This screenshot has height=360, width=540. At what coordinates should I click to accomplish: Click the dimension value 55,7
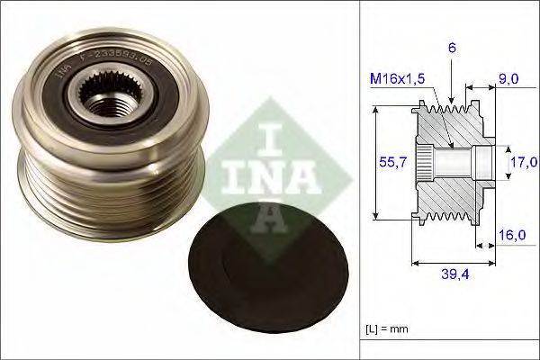point(385,162)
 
